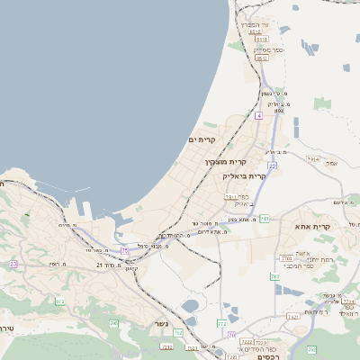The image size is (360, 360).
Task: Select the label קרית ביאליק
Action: [x=245, y=176]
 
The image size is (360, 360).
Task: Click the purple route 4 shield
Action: [x=258, y=116]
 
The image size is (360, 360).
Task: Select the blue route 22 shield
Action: [x=272, y=166]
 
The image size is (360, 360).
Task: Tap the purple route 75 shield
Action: [x=124, y=249]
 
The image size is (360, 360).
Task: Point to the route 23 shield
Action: [x=13, y=264]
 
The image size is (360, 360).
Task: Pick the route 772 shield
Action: [x=222, y=322]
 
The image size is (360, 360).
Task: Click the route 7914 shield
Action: [x=313, y=158]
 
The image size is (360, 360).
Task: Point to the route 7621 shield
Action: [x=292, y=317]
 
